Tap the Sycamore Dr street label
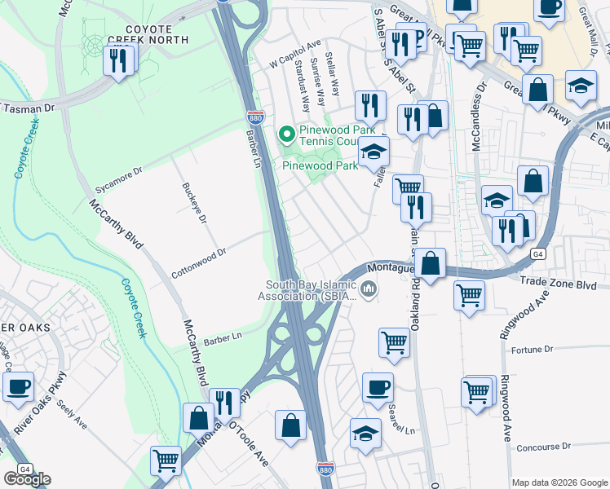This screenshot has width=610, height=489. (119, 178)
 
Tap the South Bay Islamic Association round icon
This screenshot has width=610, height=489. (369, 289)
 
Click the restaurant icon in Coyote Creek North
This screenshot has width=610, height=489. (119, 61)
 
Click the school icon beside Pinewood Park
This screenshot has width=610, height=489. (374, 152)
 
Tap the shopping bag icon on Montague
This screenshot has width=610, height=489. (431, 263)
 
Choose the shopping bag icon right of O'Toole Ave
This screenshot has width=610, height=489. (291, 425)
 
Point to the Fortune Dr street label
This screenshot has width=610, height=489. (532, 349)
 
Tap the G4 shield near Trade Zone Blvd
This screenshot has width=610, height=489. (537, 254)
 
